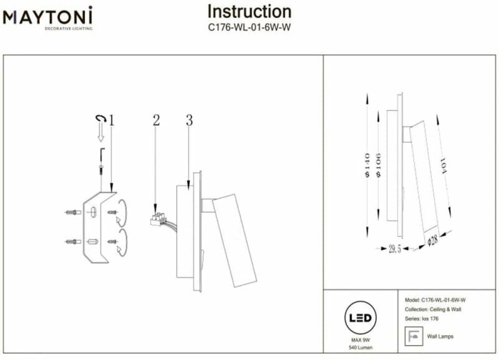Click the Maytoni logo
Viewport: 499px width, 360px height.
pos(48,17)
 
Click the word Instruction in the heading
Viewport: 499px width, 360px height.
pos(249,11)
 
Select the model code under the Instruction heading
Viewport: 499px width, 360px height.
pos(249,27)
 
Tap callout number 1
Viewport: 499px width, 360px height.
pos(111,120)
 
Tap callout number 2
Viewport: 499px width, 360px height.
pos(156,120)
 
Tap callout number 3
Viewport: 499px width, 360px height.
pos(189,120)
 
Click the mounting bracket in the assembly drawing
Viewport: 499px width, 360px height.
pos(99,227)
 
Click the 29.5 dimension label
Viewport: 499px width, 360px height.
pos(394,248)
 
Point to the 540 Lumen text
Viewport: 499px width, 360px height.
pos(361,348)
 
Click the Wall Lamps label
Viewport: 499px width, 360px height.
pos(440,336)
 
